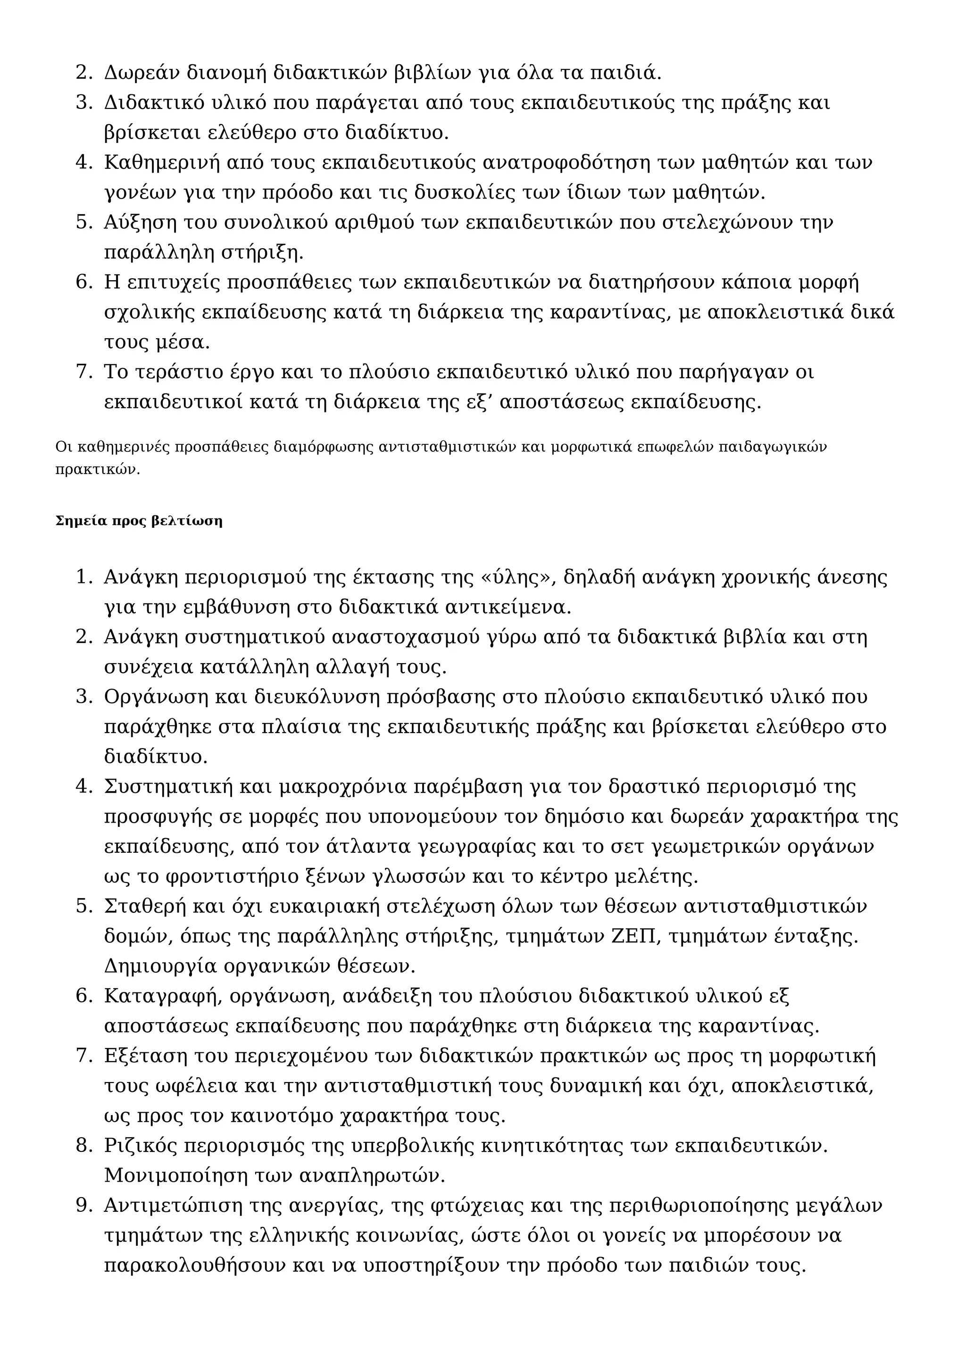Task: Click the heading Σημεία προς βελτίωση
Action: point(139,521)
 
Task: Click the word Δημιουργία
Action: point(160,966)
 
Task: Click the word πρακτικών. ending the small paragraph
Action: point(98,469)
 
